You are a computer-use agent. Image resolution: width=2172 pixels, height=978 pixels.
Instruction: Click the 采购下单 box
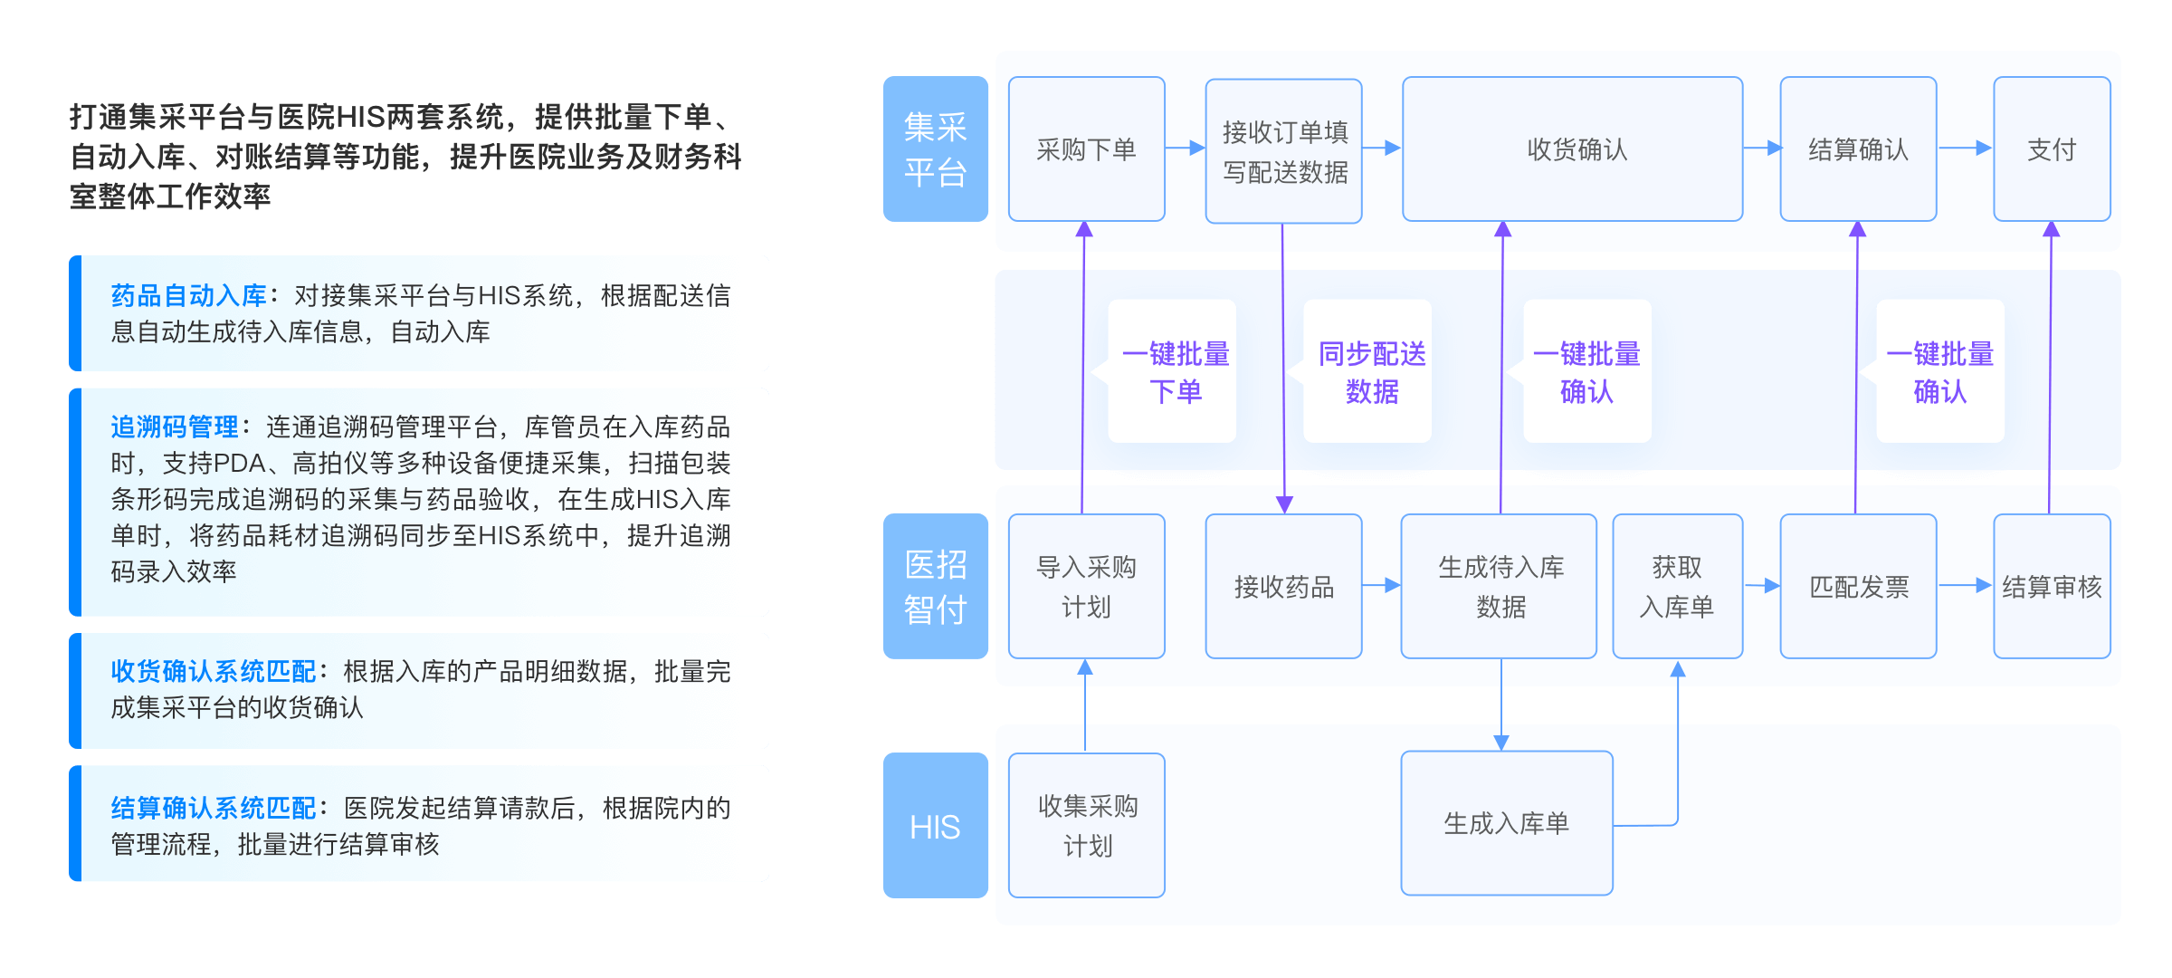coord(1086,149)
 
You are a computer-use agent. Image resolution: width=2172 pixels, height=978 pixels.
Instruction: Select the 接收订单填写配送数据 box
coord(1283,151)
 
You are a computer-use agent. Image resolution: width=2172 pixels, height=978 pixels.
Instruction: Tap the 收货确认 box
coord(1573,149)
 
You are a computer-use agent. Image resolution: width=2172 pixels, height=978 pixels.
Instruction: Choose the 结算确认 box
coord(1858,149)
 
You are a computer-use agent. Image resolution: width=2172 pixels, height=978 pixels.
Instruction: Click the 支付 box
coord(2052,149)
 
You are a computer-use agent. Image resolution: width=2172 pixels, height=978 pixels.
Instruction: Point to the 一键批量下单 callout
coord(1173,371)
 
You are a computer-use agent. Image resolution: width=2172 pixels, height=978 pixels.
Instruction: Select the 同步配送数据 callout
coord(1368,371)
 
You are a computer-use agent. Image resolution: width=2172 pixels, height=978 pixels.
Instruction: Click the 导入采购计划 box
coord(1086,586)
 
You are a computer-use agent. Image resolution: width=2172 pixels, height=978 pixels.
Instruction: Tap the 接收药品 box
coord(1283,586)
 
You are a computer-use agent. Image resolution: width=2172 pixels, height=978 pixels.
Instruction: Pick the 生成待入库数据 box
coord(1499,586)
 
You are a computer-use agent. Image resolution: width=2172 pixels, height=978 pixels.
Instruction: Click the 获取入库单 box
coord(1677,586)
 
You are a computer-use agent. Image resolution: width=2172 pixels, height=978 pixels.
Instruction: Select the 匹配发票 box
coord(1858,586)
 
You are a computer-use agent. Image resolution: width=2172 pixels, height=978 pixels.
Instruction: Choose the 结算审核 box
coord(2052,586)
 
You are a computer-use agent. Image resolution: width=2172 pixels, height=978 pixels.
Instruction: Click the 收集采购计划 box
coord(1086,825)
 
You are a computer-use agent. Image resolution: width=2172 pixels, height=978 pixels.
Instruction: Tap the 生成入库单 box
coord(1506,823)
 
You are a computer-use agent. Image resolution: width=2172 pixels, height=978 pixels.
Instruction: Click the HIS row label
coord(935,826)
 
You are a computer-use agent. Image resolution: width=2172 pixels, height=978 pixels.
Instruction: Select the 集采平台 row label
coord(935,149)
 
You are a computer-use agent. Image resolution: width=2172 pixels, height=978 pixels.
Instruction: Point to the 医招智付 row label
coord(935,586)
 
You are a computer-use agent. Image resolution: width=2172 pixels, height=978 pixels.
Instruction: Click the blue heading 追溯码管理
coord(174,427)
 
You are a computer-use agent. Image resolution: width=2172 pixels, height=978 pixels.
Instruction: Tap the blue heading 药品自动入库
coord(188,295)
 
